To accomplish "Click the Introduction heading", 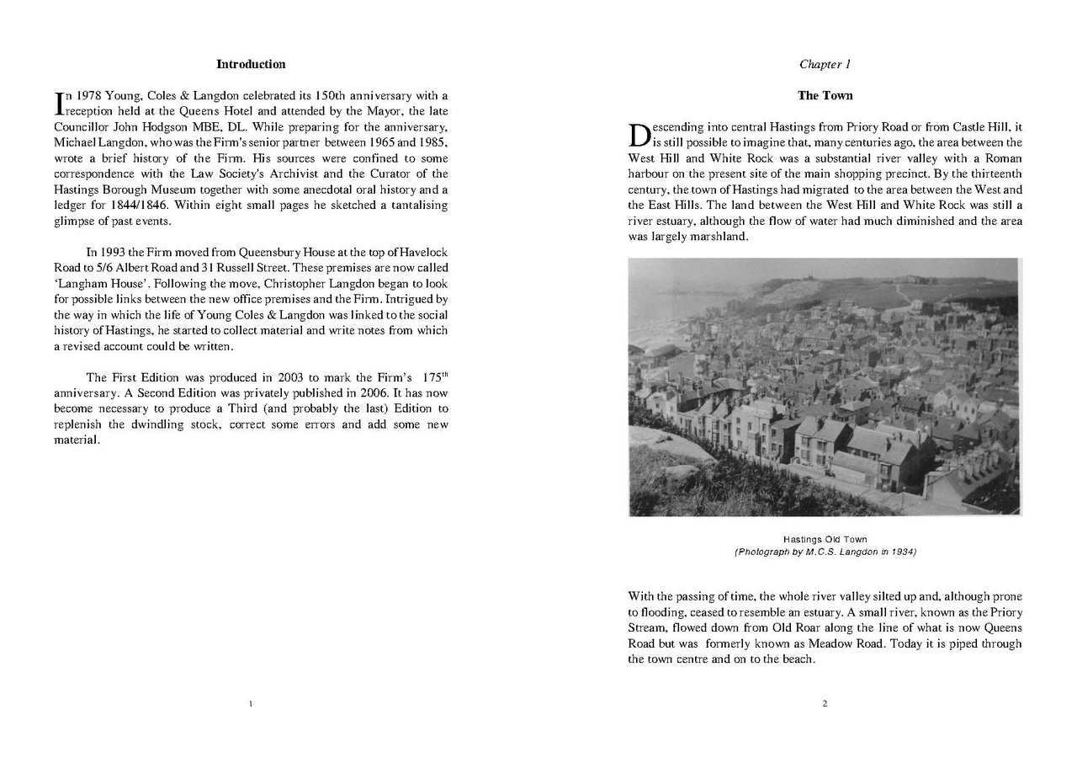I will (x=251, y=64).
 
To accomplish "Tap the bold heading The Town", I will (x=825, y=95).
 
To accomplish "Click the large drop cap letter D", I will (x=639, y=135).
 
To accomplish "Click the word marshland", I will (x=720, y=237).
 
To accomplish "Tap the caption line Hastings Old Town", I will (x=825, y=539).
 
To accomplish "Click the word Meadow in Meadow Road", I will (x=849, y=643).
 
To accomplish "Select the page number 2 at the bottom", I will (x=825, y=703).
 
